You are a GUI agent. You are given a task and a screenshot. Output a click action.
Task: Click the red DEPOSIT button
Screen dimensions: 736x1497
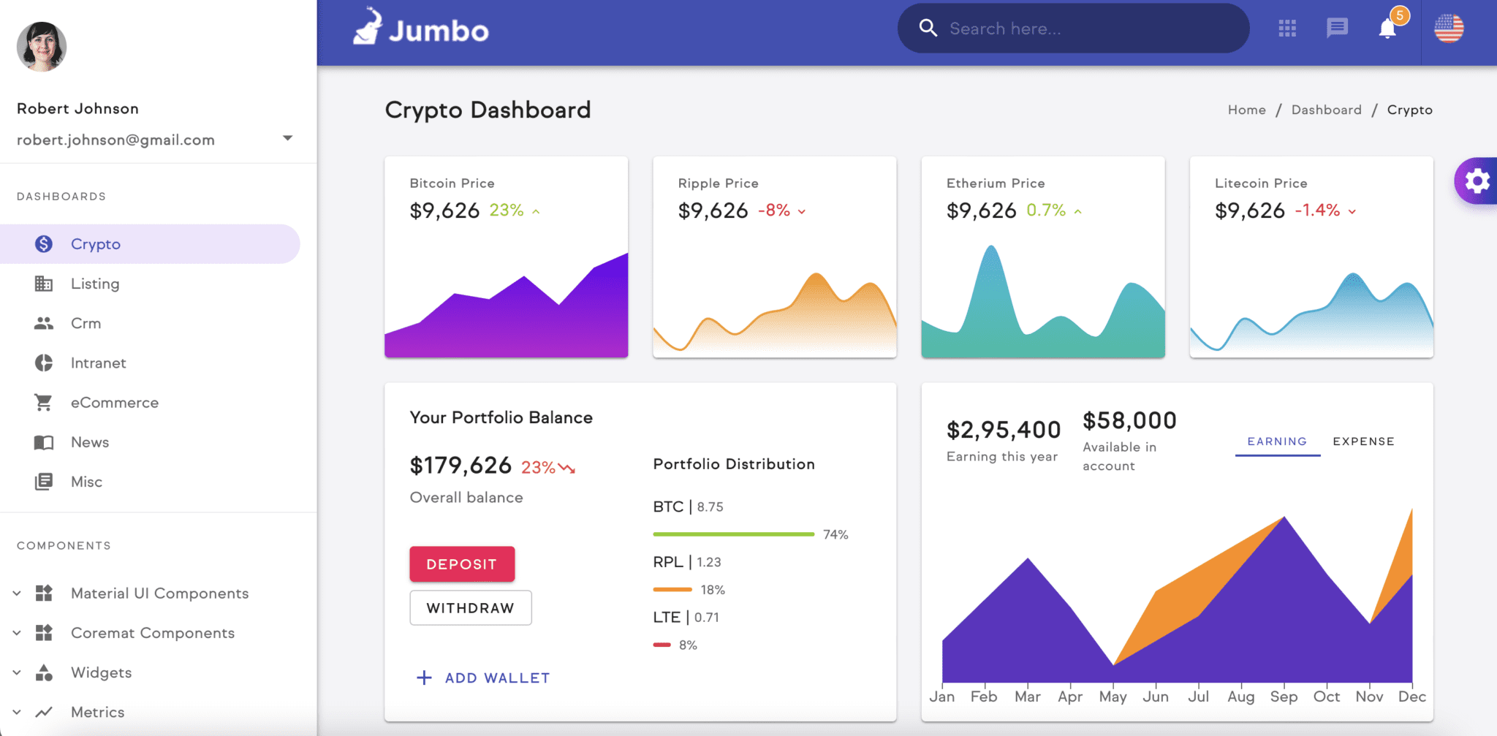pyautogui.click(x=462, y=564)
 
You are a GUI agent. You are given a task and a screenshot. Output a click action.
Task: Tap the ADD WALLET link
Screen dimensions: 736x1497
pyautogui.click(x=483, y=678)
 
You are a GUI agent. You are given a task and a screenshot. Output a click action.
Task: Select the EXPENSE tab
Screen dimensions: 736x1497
pyautogui.click(x=1363, y=441)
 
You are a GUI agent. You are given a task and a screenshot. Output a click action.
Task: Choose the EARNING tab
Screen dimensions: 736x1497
pyautogui.click(x=1277, y=441)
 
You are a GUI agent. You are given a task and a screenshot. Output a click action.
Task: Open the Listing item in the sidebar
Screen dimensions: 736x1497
pyautogui.click(x=95, y=284)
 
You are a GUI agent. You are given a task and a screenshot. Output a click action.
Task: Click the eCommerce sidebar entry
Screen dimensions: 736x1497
pyautogui.click(x=114, y=403)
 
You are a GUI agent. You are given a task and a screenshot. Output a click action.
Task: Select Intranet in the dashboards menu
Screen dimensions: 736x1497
pyautogui.click(x=98, y=363)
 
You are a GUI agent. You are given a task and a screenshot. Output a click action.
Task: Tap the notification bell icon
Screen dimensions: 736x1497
pyautogui.click(x=1387, y=29)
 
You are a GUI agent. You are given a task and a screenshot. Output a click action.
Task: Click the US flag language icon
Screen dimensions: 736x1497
pyautogui.click(x=1449, y=29)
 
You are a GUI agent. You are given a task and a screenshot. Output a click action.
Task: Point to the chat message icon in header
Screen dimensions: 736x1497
pyautogui.click(x=1337, y=29)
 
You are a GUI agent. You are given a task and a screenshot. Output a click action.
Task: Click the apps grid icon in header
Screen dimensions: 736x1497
pyautogui.click(x=1287, y=29)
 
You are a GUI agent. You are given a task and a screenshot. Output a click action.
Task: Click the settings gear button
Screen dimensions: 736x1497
pyautogui.click(x=1477, y=181)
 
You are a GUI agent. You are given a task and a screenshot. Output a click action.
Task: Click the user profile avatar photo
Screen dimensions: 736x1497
pyautogui.click(x=42, y=47)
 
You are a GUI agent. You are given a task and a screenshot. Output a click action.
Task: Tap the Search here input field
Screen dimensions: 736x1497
pyautogui.click(x=1082, y=29)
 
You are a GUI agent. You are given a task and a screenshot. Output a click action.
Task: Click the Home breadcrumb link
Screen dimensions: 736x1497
pyautogui.click(x=1246, y=110)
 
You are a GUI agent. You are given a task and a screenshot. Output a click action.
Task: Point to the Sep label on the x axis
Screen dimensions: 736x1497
pyautogui.click(x=1284, y=697)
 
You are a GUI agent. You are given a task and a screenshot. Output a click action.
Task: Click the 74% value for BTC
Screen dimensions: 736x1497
pyautogui.click(x=835, y=535)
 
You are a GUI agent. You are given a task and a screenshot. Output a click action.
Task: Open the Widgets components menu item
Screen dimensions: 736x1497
pyautogui.click(x=101, y=672)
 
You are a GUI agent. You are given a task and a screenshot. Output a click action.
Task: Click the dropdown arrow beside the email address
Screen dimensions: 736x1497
pyautogui.click(x=288, y=138)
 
